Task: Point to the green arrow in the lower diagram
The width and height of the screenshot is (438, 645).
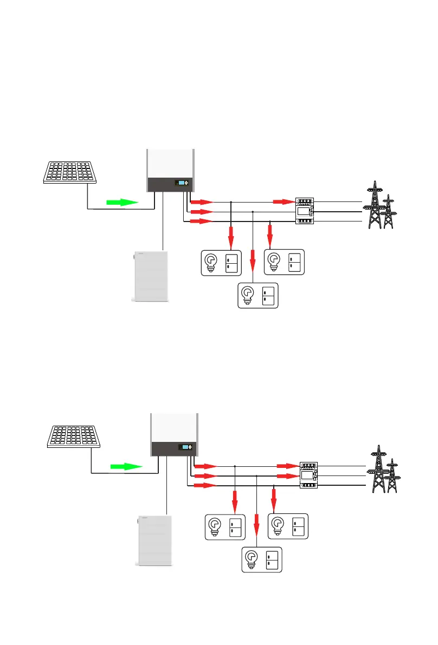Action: tap(126, 466)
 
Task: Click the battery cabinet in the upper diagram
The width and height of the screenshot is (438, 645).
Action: tap(149, 275)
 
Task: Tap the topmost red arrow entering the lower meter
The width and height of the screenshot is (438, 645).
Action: tap(285, 466)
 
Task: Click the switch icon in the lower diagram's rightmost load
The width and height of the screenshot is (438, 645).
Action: tap(298, 526)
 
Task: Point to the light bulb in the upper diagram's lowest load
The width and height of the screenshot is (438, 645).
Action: tap(247, 295)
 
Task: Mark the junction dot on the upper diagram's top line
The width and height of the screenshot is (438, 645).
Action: tap(231, 202)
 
